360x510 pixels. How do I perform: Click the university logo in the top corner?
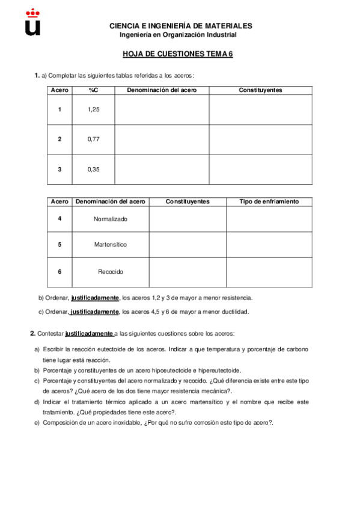33,22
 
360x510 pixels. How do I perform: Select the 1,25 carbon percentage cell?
93,109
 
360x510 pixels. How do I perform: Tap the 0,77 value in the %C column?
93,140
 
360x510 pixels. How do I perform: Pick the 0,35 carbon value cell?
93,170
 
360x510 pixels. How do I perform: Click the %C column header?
93,90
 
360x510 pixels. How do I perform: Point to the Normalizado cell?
111,219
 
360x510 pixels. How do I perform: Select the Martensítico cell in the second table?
111,245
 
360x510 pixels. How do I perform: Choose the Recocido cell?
111,272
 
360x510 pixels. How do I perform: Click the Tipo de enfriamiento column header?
269,201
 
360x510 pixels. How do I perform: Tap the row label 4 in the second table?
59,218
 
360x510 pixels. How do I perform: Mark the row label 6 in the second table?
59,272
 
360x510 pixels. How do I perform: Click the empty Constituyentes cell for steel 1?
260,109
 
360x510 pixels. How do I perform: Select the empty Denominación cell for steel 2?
162,140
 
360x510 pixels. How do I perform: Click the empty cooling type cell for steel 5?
269,245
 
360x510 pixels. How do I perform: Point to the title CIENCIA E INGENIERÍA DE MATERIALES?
180,26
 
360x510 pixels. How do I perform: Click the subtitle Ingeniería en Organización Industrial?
180,35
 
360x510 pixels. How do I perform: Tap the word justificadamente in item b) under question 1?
95,298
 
